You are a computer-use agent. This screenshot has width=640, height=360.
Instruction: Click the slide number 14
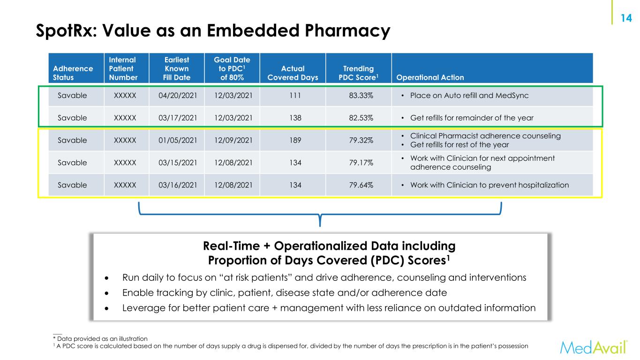pos(625,18)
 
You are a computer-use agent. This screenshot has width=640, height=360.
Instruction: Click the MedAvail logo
pos(594,347)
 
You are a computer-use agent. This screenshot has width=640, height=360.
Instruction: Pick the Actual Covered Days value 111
pos(289,95)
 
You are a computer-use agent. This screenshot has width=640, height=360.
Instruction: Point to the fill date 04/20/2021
pos(177,95)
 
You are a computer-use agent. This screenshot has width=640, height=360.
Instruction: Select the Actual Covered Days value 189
pos(289,140)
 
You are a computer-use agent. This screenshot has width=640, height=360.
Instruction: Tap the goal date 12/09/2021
pos(232,140)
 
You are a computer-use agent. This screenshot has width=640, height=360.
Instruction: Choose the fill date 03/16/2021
pos(177,185)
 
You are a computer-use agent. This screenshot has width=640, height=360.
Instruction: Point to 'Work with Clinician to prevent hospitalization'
pos(489,185)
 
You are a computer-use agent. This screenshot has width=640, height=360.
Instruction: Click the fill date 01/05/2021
pos(177,140)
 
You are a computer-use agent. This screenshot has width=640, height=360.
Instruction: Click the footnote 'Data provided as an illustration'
pos(102,338)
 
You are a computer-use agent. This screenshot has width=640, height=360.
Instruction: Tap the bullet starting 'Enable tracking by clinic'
pos(285,292)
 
